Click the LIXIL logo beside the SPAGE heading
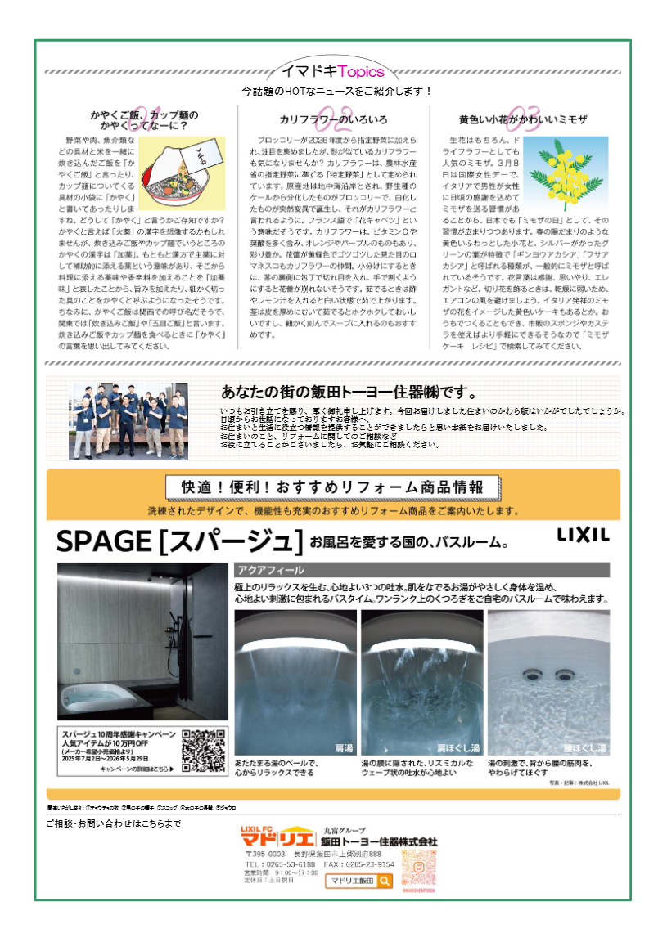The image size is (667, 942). (x=584, y=535)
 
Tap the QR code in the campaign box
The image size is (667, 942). (x=203, y=750)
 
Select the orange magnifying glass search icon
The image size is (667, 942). (x=385, y=881)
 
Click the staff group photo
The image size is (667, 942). (x=129, y=421)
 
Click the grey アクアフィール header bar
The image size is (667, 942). (x=421, y=570)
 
